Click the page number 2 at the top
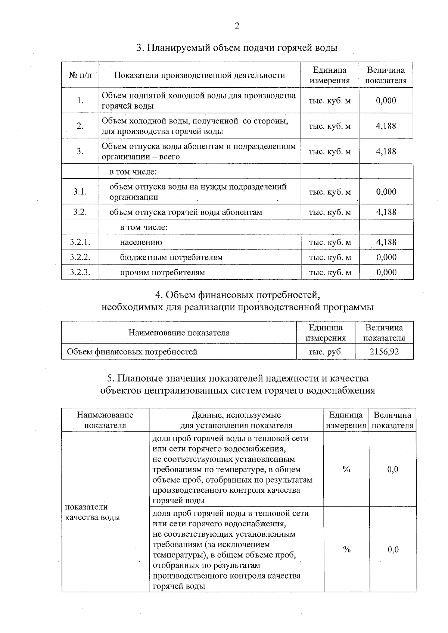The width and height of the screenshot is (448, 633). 236,26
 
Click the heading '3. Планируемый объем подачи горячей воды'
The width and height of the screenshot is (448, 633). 237,48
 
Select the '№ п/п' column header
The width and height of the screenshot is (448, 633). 80,75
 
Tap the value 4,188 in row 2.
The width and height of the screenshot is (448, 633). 386,126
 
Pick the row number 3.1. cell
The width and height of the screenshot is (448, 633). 80,192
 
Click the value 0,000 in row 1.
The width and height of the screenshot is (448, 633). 386,100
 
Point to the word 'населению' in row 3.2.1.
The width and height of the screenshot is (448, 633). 141,242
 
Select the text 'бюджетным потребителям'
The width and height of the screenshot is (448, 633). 171,257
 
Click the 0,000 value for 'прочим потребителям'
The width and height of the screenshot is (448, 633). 386,272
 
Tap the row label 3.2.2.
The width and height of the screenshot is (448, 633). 80,257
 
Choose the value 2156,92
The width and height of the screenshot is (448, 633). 384,352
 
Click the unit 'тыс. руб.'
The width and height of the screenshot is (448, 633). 326,352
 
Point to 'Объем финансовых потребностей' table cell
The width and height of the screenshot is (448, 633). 132,352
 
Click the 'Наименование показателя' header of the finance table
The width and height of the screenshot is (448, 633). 179,333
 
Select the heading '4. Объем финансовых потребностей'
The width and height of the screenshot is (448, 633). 237,295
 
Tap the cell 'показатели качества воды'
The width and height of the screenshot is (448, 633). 93,512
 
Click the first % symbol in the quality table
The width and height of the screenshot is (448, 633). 346,469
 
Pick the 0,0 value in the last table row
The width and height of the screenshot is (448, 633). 393,549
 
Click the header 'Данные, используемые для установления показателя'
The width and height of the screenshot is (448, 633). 236,420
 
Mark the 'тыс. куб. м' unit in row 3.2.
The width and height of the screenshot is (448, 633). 330,212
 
